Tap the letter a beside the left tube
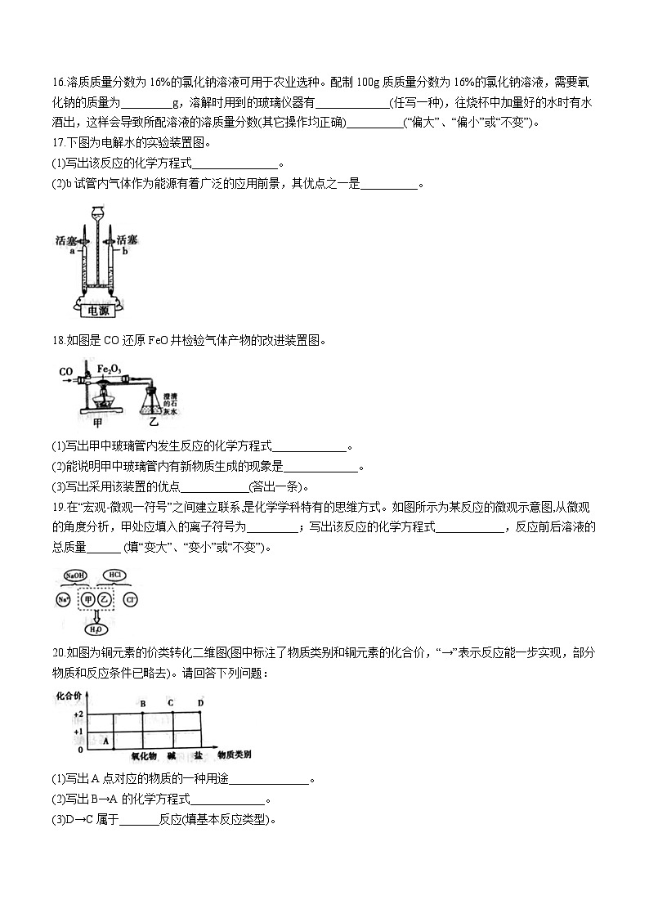[x=72, y=253]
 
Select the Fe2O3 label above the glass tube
[x=109, y=369]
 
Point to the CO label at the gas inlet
[x=65, y=373]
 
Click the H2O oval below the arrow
[x=96, y=629]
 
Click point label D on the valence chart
[x=200, y=703]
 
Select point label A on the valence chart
[x=105, y=740]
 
